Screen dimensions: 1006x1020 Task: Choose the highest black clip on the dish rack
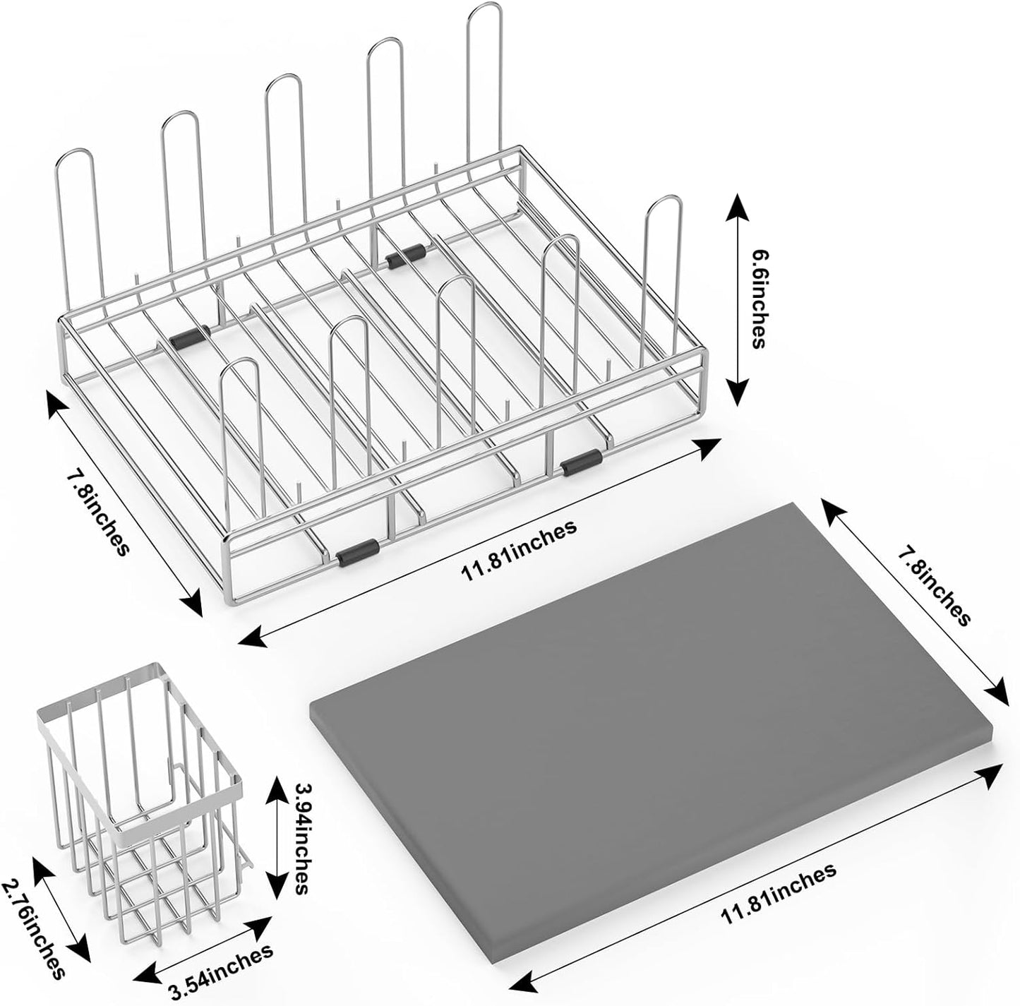[x=407, y=256]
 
